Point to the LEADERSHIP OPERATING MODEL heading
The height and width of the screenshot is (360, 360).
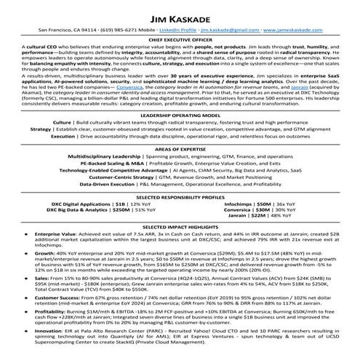tap(180, 116)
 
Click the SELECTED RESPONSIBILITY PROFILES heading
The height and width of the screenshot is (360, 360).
tap(180, 197)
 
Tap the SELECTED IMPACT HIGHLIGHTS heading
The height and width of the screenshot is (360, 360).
tap(180, 228)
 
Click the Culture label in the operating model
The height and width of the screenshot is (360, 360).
tap(82, 124)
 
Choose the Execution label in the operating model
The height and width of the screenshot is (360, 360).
tap(83, 136)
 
